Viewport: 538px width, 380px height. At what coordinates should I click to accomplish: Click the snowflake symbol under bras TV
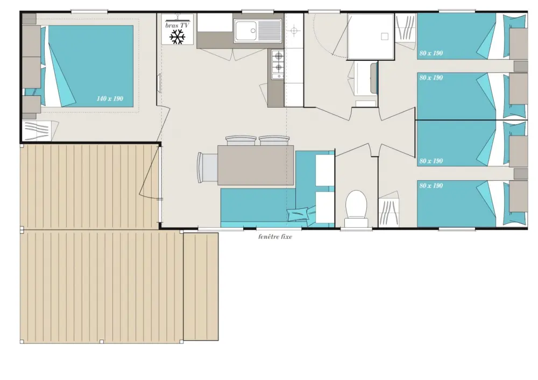[x=178, y=37]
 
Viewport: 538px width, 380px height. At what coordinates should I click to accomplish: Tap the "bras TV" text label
[x=177, y=25]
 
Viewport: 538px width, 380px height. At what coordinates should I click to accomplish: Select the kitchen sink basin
[x=245, y=31]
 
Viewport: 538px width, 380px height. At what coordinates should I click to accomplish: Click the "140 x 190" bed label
[x=110, y=99]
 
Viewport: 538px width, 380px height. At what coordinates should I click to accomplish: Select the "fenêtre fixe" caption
[x=275, y=236]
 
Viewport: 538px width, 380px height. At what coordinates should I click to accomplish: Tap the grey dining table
[x=256, y=165]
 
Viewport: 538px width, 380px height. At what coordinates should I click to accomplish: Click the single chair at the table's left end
[x=207, y=167]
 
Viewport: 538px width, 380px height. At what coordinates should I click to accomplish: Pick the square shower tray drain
[x=385, y=37]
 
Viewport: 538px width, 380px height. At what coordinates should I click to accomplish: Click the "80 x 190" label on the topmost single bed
[x=431, y=53]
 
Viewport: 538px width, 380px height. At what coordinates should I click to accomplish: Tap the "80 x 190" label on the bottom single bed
[x=431, y=186]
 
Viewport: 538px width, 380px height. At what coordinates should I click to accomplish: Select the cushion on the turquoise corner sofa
[x=298, y=214]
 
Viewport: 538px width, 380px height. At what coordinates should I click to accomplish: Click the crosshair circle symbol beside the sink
[x=294, y=31]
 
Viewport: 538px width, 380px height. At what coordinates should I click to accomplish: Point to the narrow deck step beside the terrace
[x=201, y=286]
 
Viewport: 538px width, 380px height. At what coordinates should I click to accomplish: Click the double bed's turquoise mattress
[x=91, y=66]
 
